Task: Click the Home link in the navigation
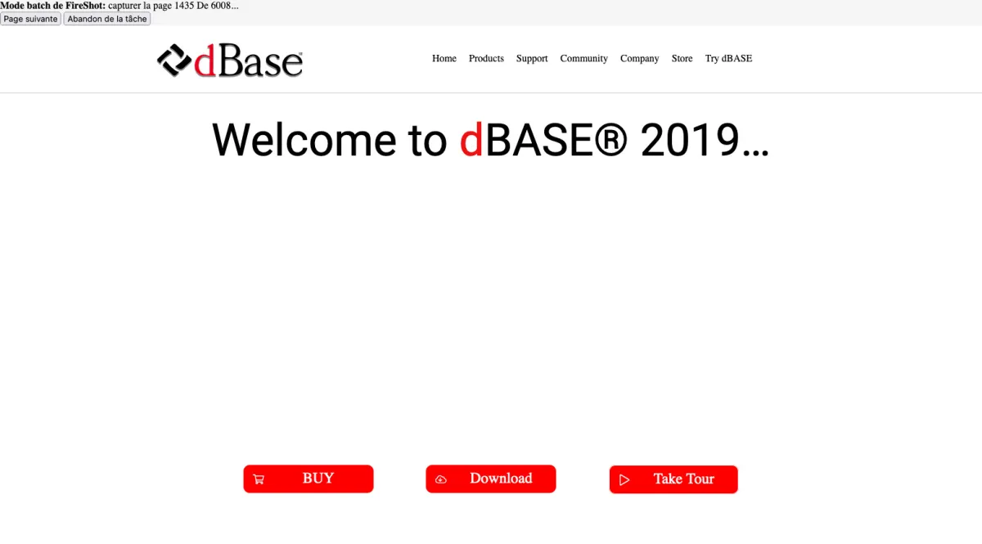pyautogui.click(x=444, y=58)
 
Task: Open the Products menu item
pyautogui.click(x=486, y=58)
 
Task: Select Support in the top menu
pyautogui.click(x=532, y=59)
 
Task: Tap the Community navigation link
pyautogui.click(x=584, y=59)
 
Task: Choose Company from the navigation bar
pyautogui.click(x=640, y=59)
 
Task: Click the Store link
pyautogui.click(x=682, y=58)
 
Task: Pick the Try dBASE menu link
pyautogui.click(x=728, y=59)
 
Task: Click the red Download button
pyautogui.click(x=490, y=479)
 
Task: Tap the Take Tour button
pyautogui.click(x=673, y=479)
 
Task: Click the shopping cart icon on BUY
pyautogui.click(x=259, y=479)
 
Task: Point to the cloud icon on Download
pyautogui.click(x=440, y=479)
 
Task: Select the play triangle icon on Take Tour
pyautogui.click(x=624, y=480)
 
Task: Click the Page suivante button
pyautogui.click(x=30, y=19)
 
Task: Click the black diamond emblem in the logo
pyautogui.click(x=174, y=61)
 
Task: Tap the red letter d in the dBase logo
pyautogui.click(x=205, y=61)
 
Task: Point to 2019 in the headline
pyautogui.click(x=690, y=140)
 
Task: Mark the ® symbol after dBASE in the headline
pyautogui.click(x=610, y=140)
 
